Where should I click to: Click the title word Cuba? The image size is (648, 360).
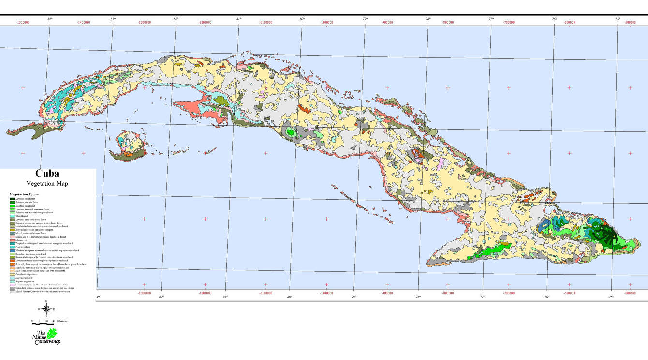point(47,174)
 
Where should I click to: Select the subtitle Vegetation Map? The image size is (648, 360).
point(47,183)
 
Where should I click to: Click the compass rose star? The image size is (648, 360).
point(46,309)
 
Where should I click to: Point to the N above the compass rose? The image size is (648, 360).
point(46,301)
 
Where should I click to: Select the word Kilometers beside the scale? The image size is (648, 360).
point(62,321)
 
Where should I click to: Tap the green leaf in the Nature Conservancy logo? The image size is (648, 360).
point(51,333)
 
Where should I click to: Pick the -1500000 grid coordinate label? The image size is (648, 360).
point(23,22)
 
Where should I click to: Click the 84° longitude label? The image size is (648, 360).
point(50,19)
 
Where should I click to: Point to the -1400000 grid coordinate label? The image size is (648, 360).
point(83,22)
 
